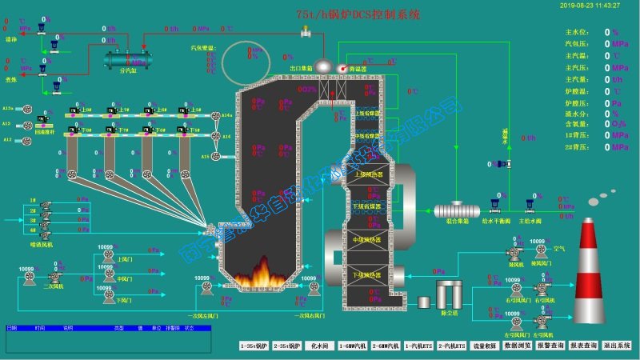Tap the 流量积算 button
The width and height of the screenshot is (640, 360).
coord(485,346)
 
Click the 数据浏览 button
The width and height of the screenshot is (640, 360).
coord(518,346)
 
